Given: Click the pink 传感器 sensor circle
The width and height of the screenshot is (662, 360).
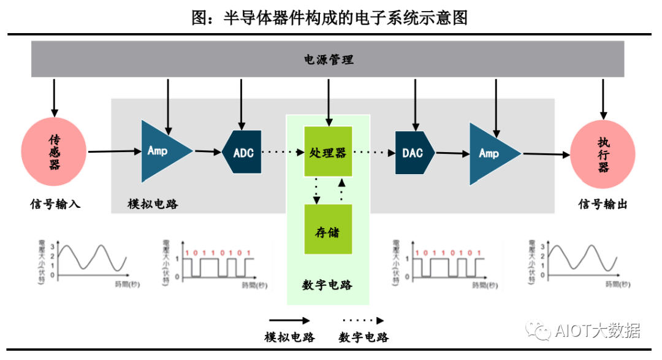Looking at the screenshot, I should pyautogui.click(x=55, y=151).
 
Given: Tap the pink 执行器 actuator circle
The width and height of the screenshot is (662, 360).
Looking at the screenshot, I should pyautogui.click(x=603, y=154).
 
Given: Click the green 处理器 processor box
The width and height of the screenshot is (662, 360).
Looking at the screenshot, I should pyautogui.click(x=328, y=152).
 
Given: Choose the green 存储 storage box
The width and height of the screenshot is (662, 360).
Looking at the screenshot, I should pyautogui.click(x=328, y=229).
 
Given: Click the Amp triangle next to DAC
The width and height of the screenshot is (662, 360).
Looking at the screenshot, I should pyautogui.click(x=490, y=153).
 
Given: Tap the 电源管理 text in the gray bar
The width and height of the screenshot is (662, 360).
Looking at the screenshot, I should pyautogui.click(x=329, y=59).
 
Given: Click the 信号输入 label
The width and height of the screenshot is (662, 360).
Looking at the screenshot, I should pyautogui.click(x=55, y=204).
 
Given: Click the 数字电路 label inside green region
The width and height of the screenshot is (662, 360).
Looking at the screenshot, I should pyautogui.click(x=327, y=285).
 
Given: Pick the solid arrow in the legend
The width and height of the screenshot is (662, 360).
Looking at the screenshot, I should pyautogui.click(x=289, y=320).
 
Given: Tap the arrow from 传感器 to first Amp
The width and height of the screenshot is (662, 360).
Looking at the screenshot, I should pyautogui.click(x=114, y=151).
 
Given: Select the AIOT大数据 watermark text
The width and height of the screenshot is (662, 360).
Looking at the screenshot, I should pyautogui.click(x=598, y=331).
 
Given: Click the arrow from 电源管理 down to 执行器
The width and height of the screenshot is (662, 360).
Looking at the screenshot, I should pyautogui.click(x=603, y=98).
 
